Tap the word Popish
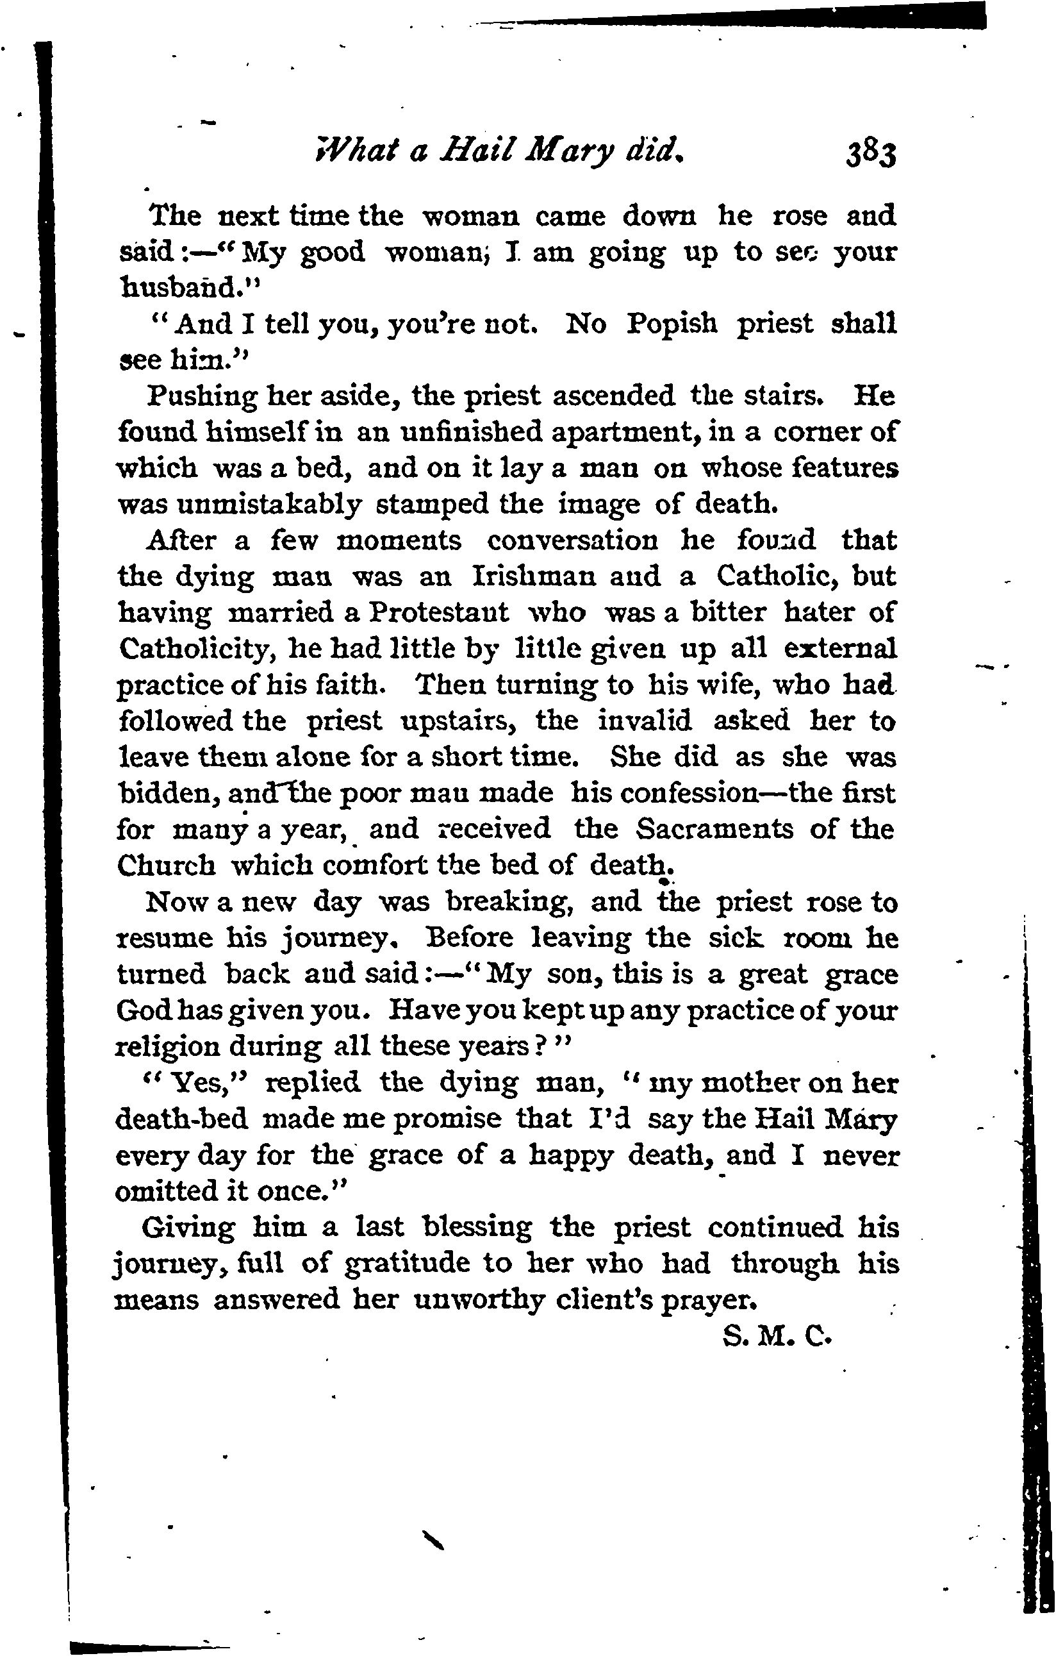point(671,324)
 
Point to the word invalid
point(644,721)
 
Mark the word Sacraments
point(714,829)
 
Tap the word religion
point(164,1047)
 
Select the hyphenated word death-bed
point(181,1119)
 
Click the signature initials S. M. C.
point(777,1337)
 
